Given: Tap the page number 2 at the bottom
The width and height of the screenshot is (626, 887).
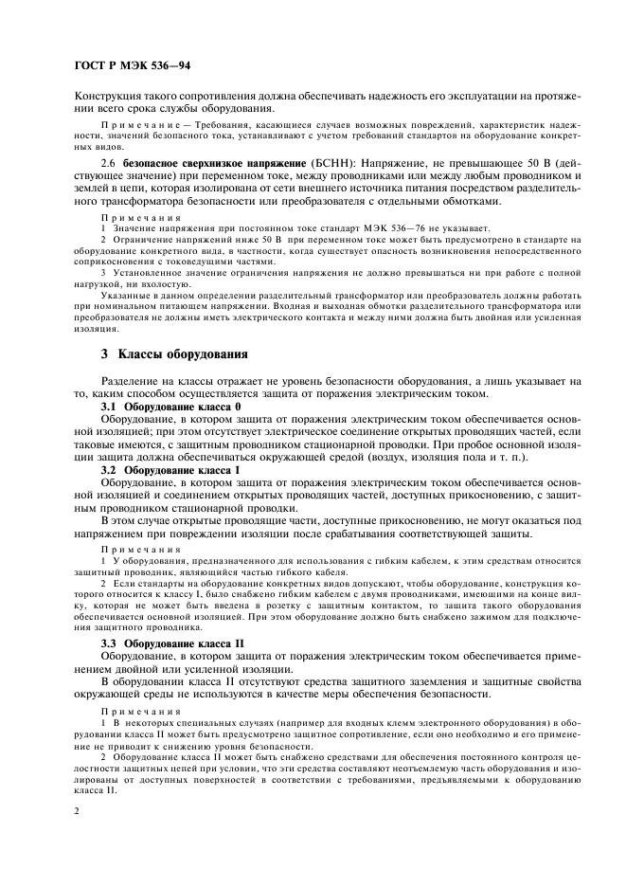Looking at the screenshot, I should pyautogui.click(x=77, y=812).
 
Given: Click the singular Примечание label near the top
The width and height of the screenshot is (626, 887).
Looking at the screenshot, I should pyautogui.click(x=137, y=126).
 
